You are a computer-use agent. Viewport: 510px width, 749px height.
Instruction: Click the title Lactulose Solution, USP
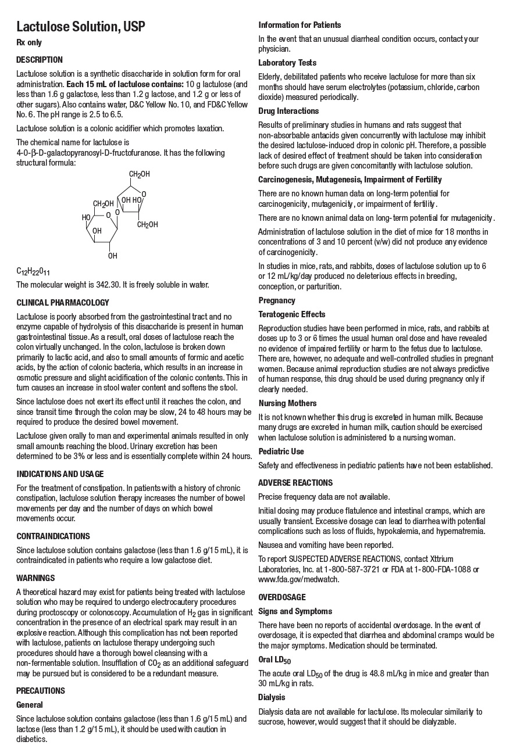tap(80, 27)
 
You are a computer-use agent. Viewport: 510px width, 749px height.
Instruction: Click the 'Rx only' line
tap(29, 42)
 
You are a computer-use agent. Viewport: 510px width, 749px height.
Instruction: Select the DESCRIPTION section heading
tap(40, 60)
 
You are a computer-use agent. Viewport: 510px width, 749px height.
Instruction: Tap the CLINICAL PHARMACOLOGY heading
tap(63, 303)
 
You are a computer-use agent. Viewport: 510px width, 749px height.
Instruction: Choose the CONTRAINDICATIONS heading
tap(53, 536)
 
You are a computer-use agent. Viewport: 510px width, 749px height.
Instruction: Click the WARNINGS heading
tap(35, 578)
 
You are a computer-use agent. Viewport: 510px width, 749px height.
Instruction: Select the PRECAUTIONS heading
tap(41, 691)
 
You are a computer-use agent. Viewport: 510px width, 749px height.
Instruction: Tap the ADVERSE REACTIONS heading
tap(295, 483)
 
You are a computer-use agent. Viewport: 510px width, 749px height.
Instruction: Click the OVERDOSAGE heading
tap(282, 597)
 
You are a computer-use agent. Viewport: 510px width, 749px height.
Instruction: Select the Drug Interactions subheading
tap(288, 111)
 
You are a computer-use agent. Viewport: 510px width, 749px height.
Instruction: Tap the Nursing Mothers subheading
tap(288, 403)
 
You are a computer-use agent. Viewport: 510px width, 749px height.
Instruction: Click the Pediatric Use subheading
tap(281, 451)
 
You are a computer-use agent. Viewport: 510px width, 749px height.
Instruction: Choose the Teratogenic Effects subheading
tap(292, 314)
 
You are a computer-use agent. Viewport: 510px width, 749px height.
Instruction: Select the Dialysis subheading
tap(272, 697)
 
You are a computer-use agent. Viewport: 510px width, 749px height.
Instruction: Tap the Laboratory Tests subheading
tap(287, 63)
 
